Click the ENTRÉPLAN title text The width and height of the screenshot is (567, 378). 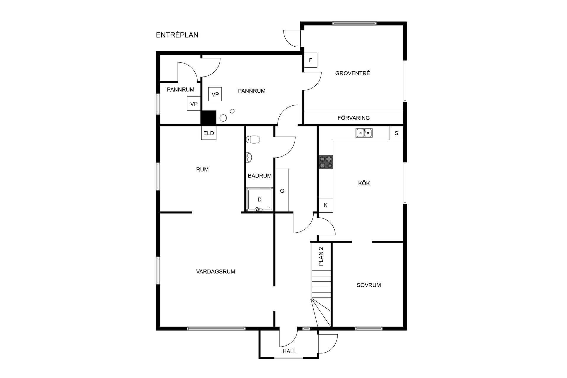[x=177, y=35]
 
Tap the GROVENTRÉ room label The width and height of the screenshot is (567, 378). [x=353, y=73]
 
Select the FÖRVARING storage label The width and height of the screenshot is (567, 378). [x=353, y=118]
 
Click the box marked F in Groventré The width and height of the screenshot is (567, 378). [x=310, y=60]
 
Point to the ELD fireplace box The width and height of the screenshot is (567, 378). [x=208, y=133]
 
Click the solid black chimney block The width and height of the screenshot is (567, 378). [x=208, y=118]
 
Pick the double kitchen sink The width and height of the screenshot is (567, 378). [x=364, y=133]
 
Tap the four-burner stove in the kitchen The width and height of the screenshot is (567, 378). [x=326, y=162]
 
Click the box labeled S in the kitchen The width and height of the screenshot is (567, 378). [x=396, y=133]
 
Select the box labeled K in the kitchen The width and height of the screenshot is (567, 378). [x=326, y=205]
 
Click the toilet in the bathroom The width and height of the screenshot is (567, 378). [x=253, y=139]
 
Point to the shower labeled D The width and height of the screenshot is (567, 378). [x=260, y=200]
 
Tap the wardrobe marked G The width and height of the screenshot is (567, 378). [x=282, y=190]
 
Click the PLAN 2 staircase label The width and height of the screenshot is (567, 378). [x=321, y=257]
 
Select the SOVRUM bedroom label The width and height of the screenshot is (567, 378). [x=369, y=285]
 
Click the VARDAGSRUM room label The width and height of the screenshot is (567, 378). [x=216, y=272]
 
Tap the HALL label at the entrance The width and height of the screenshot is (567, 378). [x=289, y=351]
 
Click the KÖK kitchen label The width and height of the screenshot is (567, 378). [x=364, y=183]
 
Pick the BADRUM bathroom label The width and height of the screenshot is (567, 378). [x=260, y=176]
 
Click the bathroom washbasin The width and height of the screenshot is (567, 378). [x=249, y=157]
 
